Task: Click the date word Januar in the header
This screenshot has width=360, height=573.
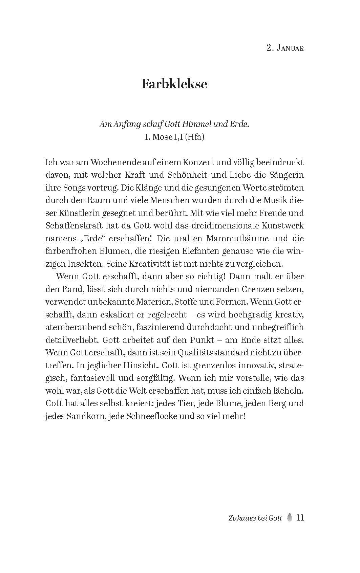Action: coord(290,48)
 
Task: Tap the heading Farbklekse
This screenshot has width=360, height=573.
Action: coord(174,84)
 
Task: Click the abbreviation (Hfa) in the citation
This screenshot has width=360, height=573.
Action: coord(194,137)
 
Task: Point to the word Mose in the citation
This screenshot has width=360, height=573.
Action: coord(162,137)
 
